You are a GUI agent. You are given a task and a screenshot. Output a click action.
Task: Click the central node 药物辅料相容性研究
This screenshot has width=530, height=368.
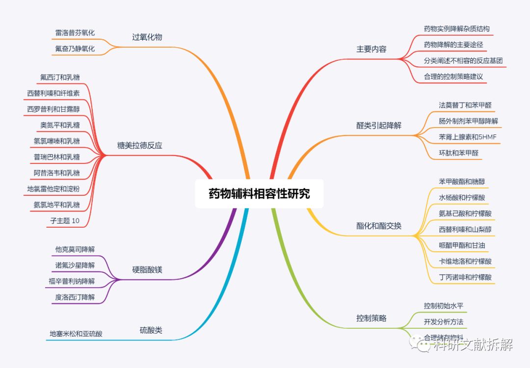pos(259,193)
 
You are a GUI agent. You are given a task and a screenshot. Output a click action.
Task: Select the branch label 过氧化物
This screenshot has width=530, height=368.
pos(147,37)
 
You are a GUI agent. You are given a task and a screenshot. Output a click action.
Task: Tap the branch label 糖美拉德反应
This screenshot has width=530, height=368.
pos(140,145)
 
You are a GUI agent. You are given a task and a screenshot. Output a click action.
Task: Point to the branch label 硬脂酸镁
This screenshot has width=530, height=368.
pos(147,270)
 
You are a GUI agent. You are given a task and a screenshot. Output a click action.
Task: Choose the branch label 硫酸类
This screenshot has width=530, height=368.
pos(151,330)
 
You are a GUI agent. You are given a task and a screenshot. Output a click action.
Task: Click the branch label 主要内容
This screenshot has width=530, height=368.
pos(371,49)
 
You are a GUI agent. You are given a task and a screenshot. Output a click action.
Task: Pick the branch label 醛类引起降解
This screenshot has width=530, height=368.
pos(378,125)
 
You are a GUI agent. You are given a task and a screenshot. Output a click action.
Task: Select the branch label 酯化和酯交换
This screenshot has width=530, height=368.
pos(378,226)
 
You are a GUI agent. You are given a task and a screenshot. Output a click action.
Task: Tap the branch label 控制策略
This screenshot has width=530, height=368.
pos(371,318)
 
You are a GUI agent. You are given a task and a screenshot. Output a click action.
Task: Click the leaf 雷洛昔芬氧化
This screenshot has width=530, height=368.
pos(75,32)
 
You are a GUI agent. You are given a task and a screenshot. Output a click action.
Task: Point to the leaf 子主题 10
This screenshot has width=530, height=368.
pos(64,221)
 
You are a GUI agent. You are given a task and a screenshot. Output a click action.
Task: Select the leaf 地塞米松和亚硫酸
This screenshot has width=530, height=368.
pos(76,334)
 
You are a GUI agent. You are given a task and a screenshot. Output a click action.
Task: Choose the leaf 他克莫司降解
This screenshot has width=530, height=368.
pos(75,249)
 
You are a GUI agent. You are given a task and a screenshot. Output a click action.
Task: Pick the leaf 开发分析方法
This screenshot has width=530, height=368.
pos(443,322)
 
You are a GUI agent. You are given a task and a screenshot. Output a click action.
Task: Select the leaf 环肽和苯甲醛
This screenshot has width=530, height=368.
pos(458,153)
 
